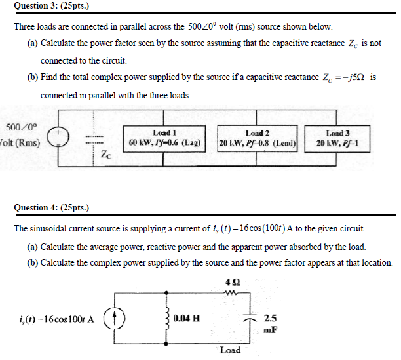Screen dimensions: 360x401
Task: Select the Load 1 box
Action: [164, 137]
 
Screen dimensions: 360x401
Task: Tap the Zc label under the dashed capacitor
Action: [107, 155]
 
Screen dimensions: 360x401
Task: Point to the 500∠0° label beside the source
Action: [22, 127]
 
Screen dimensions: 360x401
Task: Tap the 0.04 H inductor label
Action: [187, 319]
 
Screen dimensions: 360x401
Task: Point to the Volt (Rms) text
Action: [20, 144]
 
